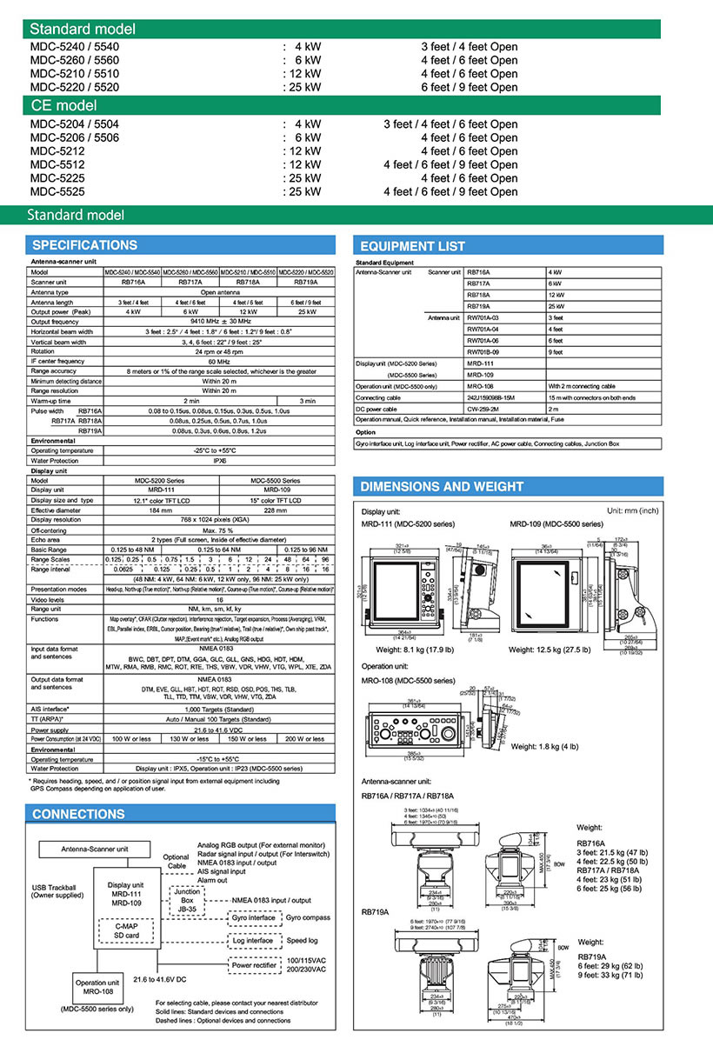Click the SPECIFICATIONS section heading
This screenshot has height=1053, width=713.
84,245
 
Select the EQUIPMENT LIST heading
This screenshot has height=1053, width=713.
412,246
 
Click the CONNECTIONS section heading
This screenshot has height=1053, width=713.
78,814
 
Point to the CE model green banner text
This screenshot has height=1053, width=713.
63,105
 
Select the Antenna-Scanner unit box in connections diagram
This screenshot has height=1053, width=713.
94,849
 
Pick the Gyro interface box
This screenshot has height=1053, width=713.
253,917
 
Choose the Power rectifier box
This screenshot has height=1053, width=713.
254,963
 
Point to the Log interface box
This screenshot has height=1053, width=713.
253,940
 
